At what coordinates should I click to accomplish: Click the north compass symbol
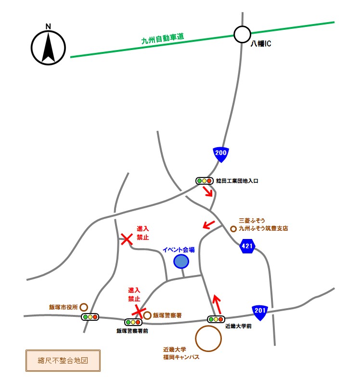click(x=48, y=47)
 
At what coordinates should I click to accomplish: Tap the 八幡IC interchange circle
click(x=242, y=34)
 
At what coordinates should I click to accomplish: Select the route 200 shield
click(x=221, y=154)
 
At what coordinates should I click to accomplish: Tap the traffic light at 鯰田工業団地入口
click(x=204, y=181)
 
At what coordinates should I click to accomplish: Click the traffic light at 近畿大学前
click(x=216, y=319)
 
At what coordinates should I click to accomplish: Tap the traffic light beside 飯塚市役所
click(x=90, y=317)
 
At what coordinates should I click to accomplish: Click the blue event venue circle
click(x=181, y=261)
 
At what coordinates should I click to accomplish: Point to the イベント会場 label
click(x=179, y=250)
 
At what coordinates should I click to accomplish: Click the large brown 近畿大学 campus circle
click(x=209, y=339)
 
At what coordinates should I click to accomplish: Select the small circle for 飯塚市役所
click(x=84, y=307)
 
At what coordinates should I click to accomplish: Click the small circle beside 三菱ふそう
click(x=233, y=229)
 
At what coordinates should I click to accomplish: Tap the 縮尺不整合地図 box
click(x=63, y=359)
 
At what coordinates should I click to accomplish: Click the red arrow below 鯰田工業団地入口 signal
click(x=208, y=192)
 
